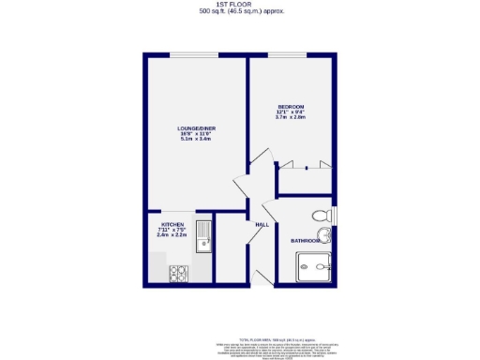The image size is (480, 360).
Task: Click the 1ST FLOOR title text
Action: point(241,5)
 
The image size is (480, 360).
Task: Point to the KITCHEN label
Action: point(172,225)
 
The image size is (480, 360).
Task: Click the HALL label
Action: point(262,223)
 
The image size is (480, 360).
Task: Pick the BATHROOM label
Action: point(306,241)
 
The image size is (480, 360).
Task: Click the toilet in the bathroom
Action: point(322,213)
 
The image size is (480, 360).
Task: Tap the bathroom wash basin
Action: point(323,234)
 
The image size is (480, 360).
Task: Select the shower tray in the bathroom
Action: point(315,270)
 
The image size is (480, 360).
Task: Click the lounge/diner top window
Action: point(197,56)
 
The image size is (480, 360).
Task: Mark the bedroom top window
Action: point(291,56)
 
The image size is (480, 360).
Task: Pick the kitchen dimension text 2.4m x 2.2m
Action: point(172,235)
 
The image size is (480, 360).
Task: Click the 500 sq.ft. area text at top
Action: point(241,12)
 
